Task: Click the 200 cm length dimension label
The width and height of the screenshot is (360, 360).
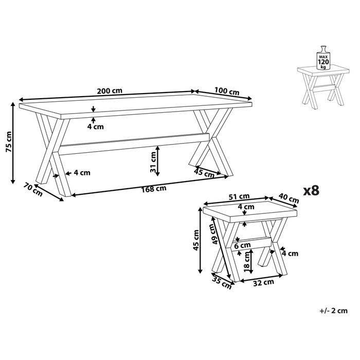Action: (110, 91)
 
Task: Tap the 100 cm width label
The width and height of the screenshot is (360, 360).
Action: (227, 91)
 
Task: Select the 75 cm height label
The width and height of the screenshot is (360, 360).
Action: (9, 141)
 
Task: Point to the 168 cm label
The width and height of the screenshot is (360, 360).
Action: (153, 189)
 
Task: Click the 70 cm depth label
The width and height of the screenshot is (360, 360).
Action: (32, 190)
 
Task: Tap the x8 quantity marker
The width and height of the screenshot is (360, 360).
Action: (311, 191)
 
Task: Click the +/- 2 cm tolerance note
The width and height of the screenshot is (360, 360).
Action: (333, 311)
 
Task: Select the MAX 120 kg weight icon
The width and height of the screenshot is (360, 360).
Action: (323, 58)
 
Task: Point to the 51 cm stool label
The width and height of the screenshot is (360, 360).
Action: (239, 197)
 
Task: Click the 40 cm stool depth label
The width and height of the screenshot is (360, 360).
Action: (289, 198)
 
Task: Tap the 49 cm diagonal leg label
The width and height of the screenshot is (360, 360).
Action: (214, 234)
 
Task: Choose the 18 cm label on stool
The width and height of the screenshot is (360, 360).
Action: (247, 262)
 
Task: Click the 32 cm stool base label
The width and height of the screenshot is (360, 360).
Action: (263, 283)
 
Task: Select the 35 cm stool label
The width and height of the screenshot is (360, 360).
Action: (222, 283)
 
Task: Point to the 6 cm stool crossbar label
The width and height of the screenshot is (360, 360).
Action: (242, 246)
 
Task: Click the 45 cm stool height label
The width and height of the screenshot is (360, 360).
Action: (196, 240)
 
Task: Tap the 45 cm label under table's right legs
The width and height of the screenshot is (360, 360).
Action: (204, 173)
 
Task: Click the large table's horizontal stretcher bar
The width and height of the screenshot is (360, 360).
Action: (135, 143)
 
